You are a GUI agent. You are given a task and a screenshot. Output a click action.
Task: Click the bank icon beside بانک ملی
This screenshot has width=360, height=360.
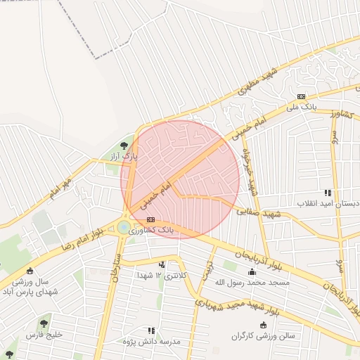pyautogui.click(x=302, y=96)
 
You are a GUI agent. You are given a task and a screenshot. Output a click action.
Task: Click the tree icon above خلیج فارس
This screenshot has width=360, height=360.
pyautogui.click(x=44, y=323)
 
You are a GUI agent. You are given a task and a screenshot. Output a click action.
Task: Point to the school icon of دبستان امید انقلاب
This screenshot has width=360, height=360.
pyautogui.click(x=327, y=192)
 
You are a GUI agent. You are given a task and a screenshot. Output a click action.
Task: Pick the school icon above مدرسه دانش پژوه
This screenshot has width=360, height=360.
pyautogui.click(x=151, y=330)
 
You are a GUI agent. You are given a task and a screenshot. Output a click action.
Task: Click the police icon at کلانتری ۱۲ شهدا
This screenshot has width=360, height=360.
pyautogui.click(x=163, y=264)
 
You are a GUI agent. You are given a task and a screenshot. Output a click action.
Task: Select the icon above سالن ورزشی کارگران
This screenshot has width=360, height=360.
pyautogui.click(x=264, y=325)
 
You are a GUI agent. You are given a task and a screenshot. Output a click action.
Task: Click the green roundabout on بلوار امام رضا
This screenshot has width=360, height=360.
pyautogui.click(x=124, y=227)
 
